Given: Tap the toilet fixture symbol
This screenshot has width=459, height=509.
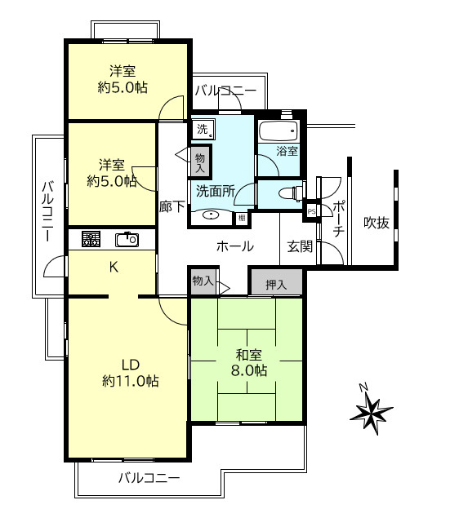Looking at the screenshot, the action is pyautogui.click(x=292, y=194).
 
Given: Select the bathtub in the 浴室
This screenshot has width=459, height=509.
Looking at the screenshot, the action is pyautogui.click(x=279, y=131).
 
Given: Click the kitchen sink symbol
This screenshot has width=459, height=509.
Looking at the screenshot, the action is pyautogui.click(x=127, y=240).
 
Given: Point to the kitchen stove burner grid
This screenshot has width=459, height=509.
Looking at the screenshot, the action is pyautogui.click(x=91, y=239).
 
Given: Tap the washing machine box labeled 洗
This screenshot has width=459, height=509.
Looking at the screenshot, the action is pyautogui.click(x=203, y=130).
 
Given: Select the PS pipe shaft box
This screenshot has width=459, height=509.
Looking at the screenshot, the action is pyautogui.click(x=311, y=211).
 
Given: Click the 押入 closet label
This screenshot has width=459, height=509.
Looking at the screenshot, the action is pyautogui.click(x=276, y=285).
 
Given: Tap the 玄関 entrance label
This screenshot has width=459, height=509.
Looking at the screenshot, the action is pyautogui.click(x=300, y=246).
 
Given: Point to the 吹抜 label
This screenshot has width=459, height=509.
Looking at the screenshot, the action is pyautogui.click(x=377, y=223).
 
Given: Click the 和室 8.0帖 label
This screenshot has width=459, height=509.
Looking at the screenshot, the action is pyautogui.click(x=249, y=363).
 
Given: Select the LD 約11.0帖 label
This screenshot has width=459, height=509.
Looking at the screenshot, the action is pyautogui.click(x=131, y=373).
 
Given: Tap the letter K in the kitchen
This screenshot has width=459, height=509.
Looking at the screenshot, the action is pyautogui.click(x=114, y=268).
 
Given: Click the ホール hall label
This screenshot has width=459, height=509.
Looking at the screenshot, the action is pyautogui.click(x=235, y=246).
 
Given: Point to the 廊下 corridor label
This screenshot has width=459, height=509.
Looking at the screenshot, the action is pyautogui.click(x=172, y=207).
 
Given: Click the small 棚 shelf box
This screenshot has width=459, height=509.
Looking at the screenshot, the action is pyautogui.click(x=243, y=218).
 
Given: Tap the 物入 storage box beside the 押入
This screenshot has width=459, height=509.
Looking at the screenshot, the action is pyautogui.click(x=203, y=281).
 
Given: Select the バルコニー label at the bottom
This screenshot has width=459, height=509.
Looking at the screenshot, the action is pyautogui.click(x=149, y=478).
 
